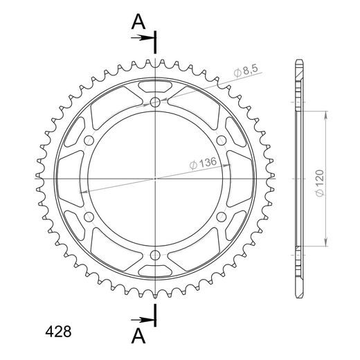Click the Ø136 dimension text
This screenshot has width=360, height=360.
203,163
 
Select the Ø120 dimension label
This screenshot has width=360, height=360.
320,183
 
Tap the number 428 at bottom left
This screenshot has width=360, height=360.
58,332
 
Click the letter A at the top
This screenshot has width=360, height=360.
138,21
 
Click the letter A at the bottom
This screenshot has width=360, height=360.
138,336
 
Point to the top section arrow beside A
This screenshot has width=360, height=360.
143,37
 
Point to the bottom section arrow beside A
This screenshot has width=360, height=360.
143,320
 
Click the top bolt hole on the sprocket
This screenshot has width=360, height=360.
155,102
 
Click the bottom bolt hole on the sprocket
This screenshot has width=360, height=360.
155,255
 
